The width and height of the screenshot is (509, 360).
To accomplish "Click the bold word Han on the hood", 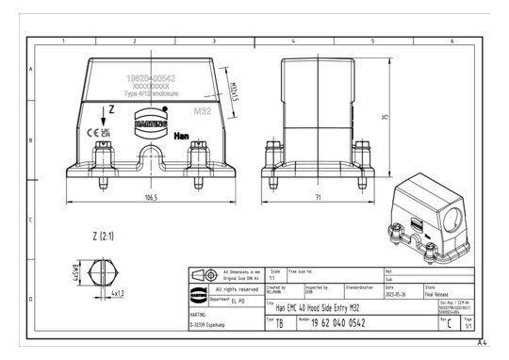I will click(182, 136).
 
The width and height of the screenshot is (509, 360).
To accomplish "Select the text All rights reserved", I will click(238, 289).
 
